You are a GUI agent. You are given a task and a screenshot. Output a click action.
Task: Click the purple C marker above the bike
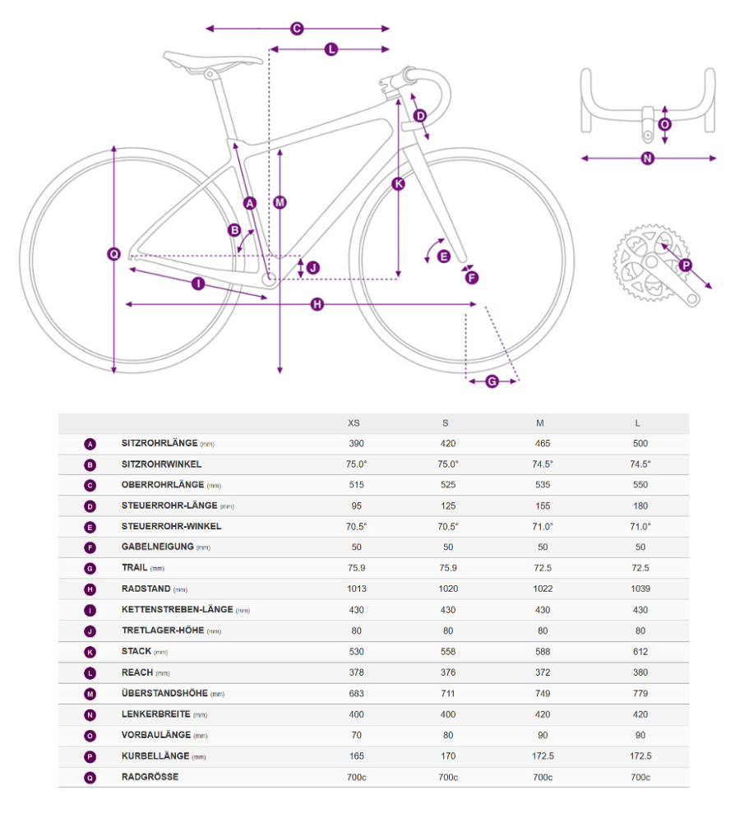click(297, 29)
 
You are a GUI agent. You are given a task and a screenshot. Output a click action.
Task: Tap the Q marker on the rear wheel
click(114, 254)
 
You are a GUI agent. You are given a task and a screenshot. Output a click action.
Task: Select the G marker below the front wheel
click(492, 381)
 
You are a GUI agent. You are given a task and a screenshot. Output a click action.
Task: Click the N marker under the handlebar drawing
click(647, 159)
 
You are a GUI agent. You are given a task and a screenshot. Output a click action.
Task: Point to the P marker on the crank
click(685, 265)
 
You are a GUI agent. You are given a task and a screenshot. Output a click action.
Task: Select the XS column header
click(354, 423)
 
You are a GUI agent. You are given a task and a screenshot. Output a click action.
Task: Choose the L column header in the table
click(637, 423)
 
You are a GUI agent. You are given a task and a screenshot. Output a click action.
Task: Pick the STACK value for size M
click(541, 652)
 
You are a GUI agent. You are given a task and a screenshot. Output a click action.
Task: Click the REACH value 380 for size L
click(640, 672)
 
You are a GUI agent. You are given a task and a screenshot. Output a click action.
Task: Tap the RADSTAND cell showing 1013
click(356, 589)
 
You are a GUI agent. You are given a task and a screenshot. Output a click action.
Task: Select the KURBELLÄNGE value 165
click(356, 756)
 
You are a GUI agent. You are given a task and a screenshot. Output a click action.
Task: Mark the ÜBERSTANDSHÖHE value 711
click(446, 694)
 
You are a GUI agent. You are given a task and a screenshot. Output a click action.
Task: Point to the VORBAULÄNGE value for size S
click(446, 736)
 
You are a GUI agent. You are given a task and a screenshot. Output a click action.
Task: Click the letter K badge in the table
click(90, 652)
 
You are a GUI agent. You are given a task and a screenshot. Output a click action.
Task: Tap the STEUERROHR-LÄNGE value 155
click(541, 506)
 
